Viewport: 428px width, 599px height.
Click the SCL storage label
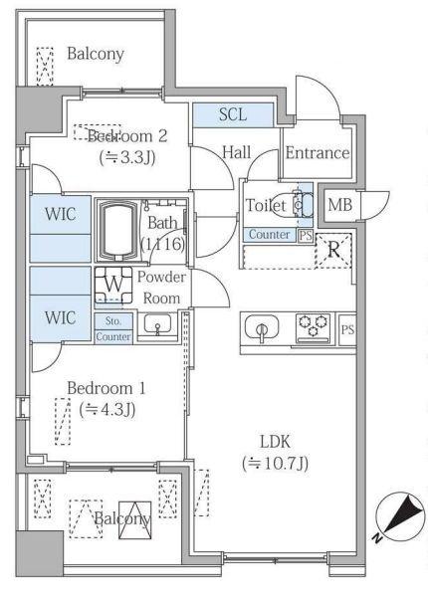tap(231, 114)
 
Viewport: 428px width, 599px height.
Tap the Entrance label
tap(317, 153)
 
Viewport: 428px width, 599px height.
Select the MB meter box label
tap(339, 205)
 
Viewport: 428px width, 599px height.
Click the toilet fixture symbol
tap(301, 204)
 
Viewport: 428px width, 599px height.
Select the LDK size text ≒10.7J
tap(274, 463)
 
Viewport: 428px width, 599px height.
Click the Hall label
tap(236, 152)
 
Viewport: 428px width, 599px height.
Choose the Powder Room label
tap(160, 289)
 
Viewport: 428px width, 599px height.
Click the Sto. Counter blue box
tap(112, 328)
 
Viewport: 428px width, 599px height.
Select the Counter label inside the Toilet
tap(270, 235)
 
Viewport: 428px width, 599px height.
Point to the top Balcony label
tap(96, 53)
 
